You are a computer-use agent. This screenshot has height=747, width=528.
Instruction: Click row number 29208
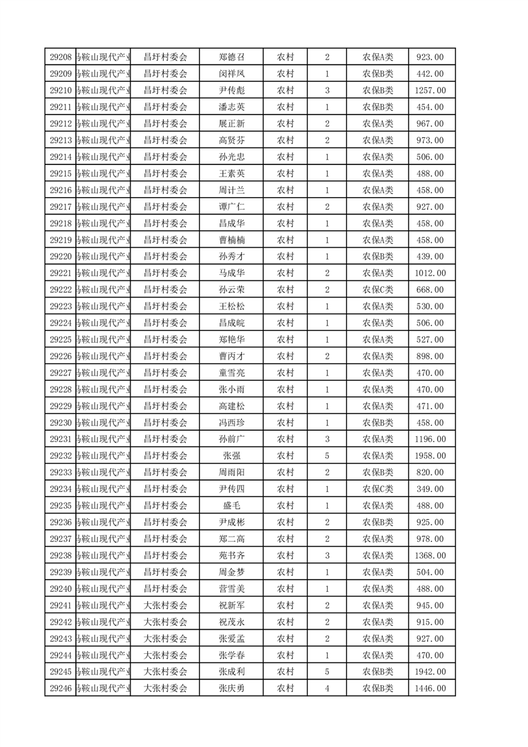61,57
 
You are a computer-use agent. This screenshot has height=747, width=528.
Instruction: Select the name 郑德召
232,57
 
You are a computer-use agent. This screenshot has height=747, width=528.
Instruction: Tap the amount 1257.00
429,91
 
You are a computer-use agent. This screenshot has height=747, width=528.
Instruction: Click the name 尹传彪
232,91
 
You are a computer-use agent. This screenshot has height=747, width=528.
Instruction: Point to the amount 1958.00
429,456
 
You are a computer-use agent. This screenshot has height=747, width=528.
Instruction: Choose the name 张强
232,456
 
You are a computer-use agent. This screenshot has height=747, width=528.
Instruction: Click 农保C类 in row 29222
378,290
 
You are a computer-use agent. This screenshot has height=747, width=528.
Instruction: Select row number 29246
61,688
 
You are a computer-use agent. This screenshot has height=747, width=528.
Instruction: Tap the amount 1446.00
429,688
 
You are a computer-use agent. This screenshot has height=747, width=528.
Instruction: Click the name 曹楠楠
232,240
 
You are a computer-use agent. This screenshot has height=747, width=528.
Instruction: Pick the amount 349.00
429,489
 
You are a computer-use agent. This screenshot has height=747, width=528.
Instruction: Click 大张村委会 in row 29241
166,605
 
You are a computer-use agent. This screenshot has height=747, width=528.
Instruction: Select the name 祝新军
232,605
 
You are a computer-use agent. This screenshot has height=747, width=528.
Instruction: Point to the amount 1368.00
429,555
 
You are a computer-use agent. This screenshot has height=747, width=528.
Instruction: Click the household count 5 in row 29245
327,672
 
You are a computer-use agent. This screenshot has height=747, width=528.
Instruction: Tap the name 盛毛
232,506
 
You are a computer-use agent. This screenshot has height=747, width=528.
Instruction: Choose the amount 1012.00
429,273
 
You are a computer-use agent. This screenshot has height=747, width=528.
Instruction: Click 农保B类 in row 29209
378,74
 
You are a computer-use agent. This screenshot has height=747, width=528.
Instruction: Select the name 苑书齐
232,555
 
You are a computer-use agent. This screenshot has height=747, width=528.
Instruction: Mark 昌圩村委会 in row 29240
166,589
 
